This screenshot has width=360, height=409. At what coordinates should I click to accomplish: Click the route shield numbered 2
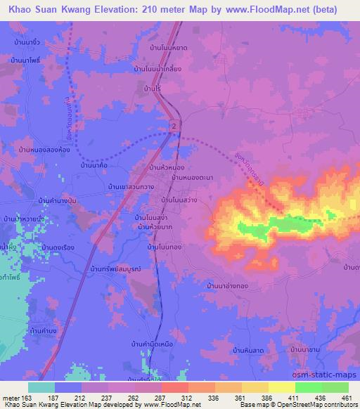(x=172, y=124)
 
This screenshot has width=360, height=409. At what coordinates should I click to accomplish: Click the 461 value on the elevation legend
(x=346, y=398)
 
